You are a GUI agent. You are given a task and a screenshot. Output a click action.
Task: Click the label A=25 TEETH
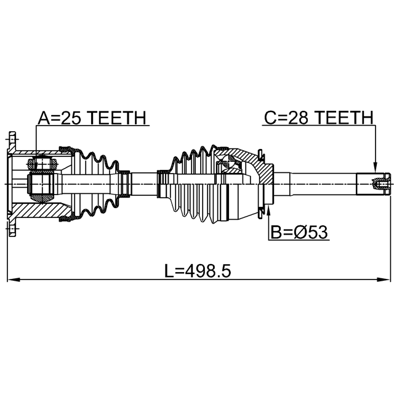coord(92,118)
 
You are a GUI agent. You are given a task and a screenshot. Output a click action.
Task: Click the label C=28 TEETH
coord(319,118)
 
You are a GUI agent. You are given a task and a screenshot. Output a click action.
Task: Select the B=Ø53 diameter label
coord(299,232)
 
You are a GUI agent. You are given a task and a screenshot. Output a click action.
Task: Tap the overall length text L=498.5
coord(198,271)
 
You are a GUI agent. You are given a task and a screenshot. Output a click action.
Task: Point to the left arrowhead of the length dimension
coord(14,279)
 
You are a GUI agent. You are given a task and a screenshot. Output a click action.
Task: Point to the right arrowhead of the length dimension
coord(384,279)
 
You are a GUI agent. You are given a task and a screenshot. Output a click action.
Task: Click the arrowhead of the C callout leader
coord(375,167)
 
